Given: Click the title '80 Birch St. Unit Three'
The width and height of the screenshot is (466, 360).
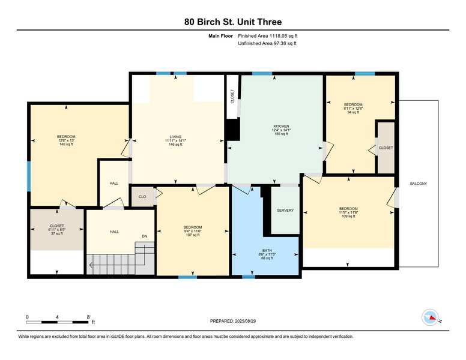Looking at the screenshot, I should (232, 22).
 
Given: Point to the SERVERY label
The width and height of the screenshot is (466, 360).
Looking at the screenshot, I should (285, 211).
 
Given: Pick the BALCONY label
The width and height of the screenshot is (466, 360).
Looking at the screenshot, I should (418, 184).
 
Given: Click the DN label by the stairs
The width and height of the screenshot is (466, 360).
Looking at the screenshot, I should (144, 236).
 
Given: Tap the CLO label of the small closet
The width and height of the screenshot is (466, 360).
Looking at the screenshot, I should (142, 197).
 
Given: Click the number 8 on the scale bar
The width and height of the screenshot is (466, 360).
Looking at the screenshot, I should (88, 317).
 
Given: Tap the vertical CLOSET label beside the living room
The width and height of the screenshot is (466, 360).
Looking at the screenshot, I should (232, 97).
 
